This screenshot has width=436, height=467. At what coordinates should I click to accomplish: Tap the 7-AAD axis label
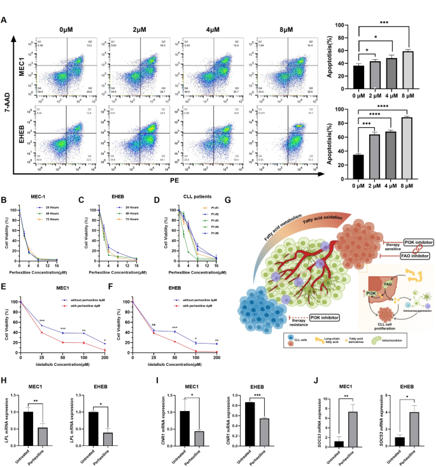8,100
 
